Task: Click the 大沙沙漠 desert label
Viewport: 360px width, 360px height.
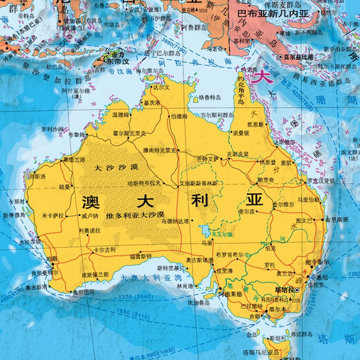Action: pos(116,168)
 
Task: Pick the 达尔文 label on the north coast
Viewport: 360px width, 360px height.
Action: pos(161,88)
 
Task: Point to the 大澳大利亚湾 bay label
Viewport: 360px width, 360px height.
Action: pos(152,276)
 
